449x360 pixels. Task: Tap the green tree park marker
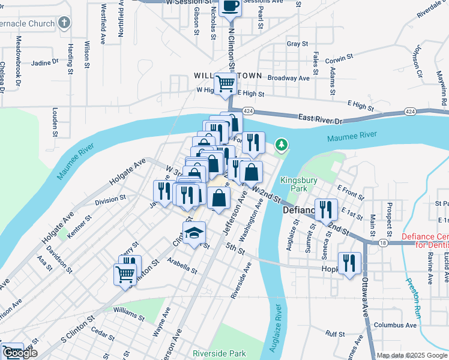281,145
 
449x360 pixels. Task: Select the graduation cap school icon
194,233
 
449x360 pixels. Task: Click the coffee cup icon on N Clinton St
231,7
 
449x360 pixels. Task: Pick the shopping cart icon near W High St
225,83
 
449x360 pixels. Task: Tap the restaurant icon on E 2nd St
326,209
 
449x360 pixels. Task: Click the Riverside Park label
219,353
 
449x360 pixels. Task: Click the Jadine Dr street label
44,61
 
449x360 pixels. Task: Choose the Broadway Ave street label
288,78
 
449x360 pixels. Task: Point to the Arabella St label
182,266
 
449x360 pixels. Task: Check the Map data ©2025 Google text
411,355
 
